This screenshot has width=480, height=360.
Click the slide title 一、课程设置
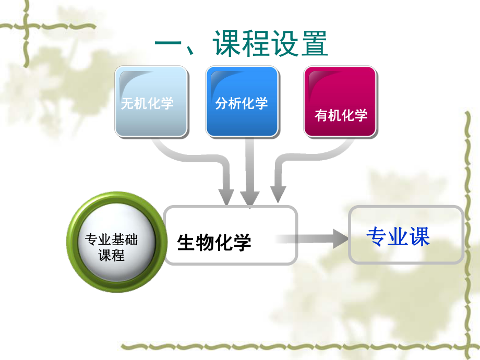(x=241, y=44)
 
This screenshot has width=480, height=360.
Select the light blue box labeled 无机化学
(x=151, y=102)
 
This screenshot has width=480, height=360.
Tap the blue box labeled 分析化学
(x=242, y=102)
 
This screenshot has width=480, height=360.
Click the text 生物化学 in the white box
(x=214, y=242)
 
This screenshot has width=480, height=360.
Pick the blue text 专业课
(x=398, y=237)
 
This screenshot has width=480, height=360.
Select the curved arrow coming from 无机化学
(x=198, y=157)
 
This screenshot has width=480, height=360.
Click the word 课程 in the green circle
(x=111, y=256)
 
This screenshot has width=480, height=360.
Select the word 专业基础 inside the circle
(x=111, y=240)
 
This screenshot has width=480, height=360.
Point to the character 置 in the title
(x=314, y=44)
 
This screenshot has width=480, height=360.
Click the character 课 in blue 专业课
(x=419, y=237)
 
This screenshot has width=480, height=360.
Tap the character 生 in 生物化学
(x=186, y=242)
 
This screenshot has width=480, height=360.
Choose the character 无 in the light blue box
(x=127, y=103)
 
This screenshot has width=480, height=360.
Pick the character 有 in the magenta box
(x=321, y=115)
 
